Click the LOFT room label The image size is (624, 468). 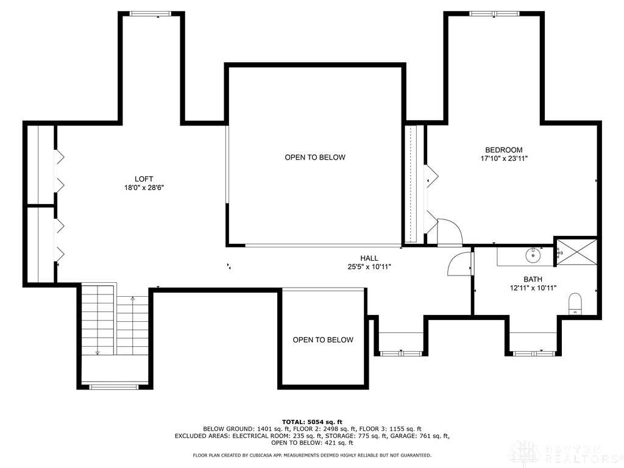[x=144, y=179]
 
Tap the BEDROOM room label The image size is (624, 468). [x=503, y=150]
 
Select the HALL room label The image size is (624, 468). [x=369, y=258]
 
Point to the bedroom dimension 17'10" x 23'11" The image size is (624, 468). [x=503, y=158]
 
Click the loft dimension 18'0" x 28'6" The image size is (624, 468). [x=144, y=188]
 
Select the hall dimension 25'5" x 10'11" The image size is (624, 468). [x=369, y=267]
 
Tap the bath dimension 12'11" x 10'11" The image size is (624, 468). [x=533, y=288]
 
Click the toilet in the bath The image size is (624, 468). [x=574, y=304]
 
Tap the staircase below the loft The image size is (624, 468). [x=115, y=326]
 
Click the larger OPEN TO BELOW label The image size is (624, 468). [x=315, y=157]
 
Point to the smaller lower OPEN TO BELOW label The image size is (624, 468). [x=322, y=340]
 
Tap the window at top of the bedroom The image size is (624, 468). [x=495, y=13]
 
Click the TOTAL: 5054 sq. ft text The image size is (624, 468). [x=312, y=422]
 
